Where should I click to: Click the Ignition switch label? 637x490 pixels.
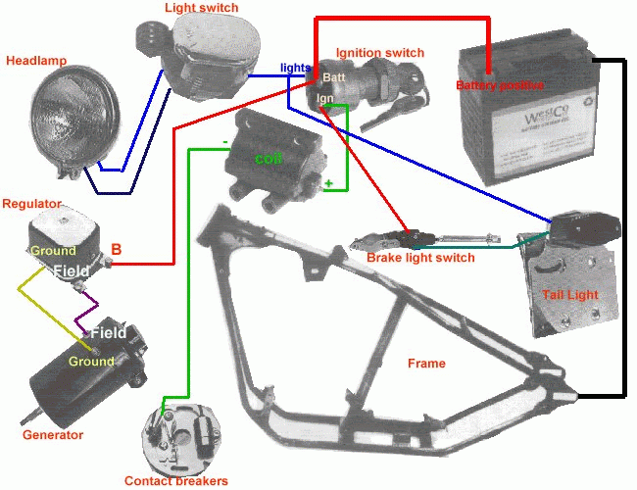[379, 52]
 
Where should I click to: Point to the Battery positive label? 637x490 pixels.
[501, 85]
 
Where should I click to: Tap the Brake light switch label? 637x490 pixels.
[420, 258]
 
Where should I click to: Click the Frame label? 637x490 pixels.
[426, 364]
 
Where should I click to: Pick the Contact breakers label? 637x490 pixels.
[176, 480]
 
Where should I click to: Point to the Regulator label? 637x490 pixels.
[32, 203]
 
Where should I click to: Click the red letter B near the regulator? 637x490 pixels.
[116, 248]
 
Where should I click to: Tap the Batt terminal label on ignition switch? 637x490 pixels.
[334, 77]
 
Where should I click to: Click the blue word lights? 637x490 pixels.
[295, 68]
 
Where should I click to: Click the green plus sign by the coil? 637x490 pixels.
[328, 183]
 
